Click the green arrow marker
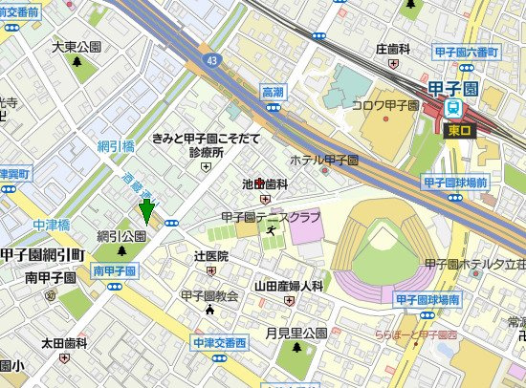tap(146, 211)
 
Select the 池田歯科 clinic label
tap(265, 183)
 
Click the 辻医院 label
tap(211, 256)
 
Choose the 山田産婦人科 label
tap(288, 285)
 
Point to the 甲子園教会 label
tap(208, 296)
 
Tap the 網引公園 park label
tap(121, 235)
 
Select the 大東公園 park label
tap(77, 46)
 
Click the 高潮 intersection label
tap(274, 92)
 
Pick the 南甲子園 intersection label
tap(114, 271)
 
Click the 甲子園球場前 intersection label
tap(454, 181)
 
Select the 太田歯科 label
tap(64, 342)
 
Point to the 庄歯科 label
tap(392, 48)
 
